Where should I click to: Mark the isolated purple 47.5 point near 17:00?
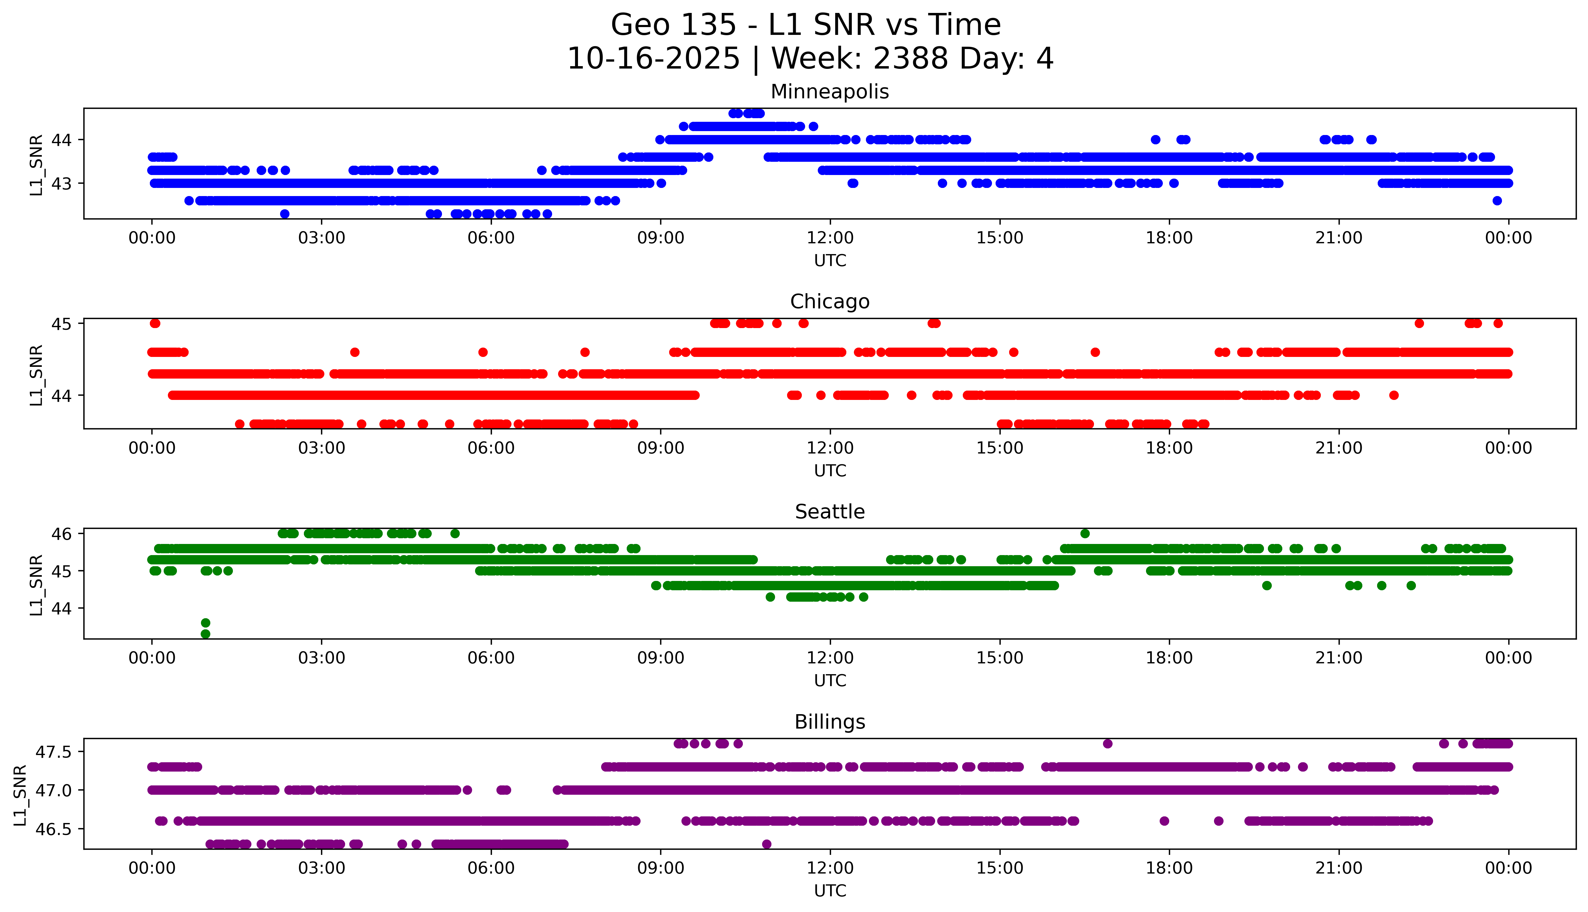1107,744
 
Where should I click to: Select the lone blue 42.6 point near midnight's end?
1497,201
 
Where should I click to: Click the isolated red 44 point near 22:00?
1394,395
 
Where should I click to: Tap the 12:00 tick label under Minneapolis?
830,238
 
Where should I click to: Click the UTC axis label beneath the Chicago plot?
830,470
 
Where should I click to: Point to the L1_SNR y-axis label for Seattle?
36,585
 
